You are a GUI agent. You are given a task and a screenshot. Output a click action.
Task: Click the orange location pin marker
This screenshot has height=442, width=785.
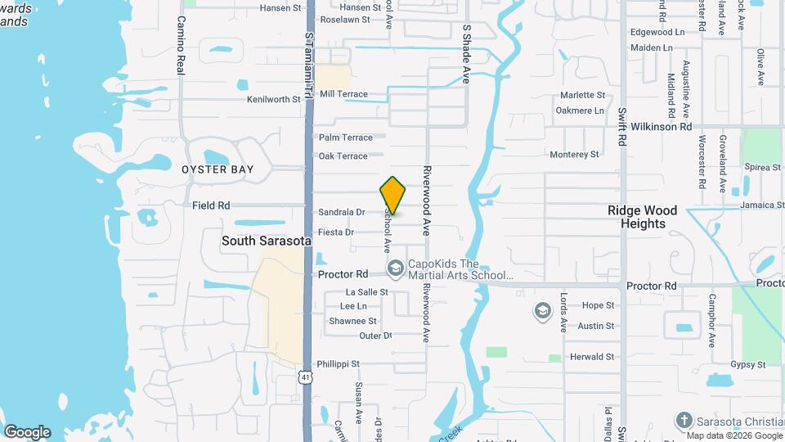(x=393, y=195)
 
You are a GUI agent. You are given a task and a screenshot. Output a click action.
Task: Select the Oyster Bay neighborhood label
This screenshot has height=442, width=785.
(x=218, y=169)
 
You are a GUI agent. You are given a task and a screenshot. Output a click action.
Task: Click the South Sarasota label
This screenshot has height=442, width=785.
(x=266, y=241)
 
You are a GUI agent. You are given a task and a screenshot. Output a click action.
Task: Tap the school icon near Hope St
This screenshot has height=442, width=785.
(x=542, y=311)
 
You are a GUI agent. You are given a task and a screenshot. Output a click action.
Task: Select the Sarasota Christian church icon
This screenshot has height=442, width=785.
(x=684, y=421)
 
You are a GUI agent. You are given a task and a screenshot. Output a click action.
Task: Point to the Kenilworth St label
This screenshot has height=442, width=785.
(x=274, y=100)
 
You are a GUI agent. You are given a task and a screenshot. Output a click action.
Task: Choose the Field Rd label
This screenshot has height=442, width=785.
(x=211, y=205)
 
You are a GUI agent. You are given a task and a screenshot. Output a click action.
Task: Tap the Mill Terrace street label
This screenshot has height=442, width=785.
(x=343, y=94)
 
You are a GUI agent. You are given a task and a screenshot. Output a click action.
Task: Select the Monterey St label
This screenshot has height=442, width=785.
(x=574, y=154)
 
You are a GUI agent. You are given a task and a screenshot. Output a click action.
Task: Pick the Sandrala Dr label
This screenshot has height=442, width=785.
(x=342, y=212)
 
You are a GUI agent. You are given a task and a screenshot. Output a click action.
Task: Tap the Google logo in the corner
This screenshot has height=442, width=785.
(x=27, y=432)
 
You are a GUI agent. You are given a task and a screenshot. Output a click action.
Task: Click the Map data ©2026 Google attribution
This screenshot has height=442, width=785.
(x=729, y=435)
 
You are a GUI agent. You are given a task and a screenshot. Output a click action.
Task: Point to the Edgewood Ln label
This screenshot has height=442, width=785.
(x=657, y=32)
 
